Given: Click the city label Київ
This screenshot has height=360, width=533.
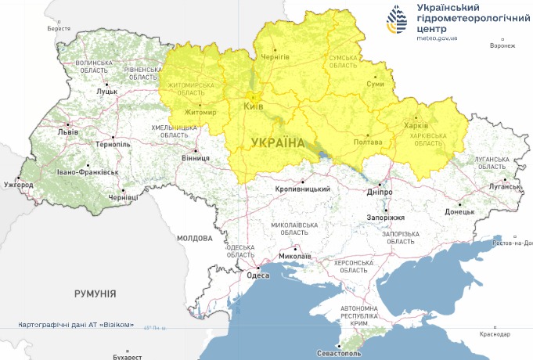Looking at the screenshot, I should pos(253,106).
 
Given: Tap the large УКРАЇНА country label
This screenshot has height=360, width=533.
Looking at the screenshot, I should pos(278,142).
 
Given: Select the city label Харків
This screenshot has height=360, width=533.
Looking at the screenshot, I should pos(416,127).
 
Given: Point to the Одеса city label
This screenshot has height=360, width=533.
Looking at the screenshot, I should pos(257,275).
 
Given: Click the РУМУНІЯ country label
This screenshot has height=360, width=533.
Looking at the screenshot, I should pos(95,293).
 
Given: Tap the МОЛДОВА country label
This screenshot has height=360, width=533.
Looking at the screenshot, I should pos(194,238).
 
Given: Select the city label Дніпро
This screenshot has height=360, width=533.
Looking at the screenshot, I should pos(379,192).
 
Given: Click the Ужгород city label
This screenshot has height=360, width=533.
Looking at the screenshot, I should pos(18,185).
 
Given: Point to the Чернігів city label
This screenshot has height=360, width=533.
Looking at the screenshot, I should pos(274,57).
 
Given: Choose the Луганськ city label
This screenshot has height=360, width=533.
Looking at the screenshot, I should pos(505,187).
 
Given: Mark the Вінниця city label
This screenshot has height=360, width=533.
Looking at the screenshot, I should pos(195,158).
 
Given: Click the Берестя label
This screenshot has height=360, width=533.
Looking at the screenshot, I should pos(59,28).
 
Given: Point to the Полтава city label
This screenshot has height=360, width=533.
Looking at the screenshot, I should pos(368,142).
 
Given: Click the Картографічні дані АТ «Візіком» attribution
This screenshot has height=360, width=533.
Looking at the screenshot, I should pos(81,325).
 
